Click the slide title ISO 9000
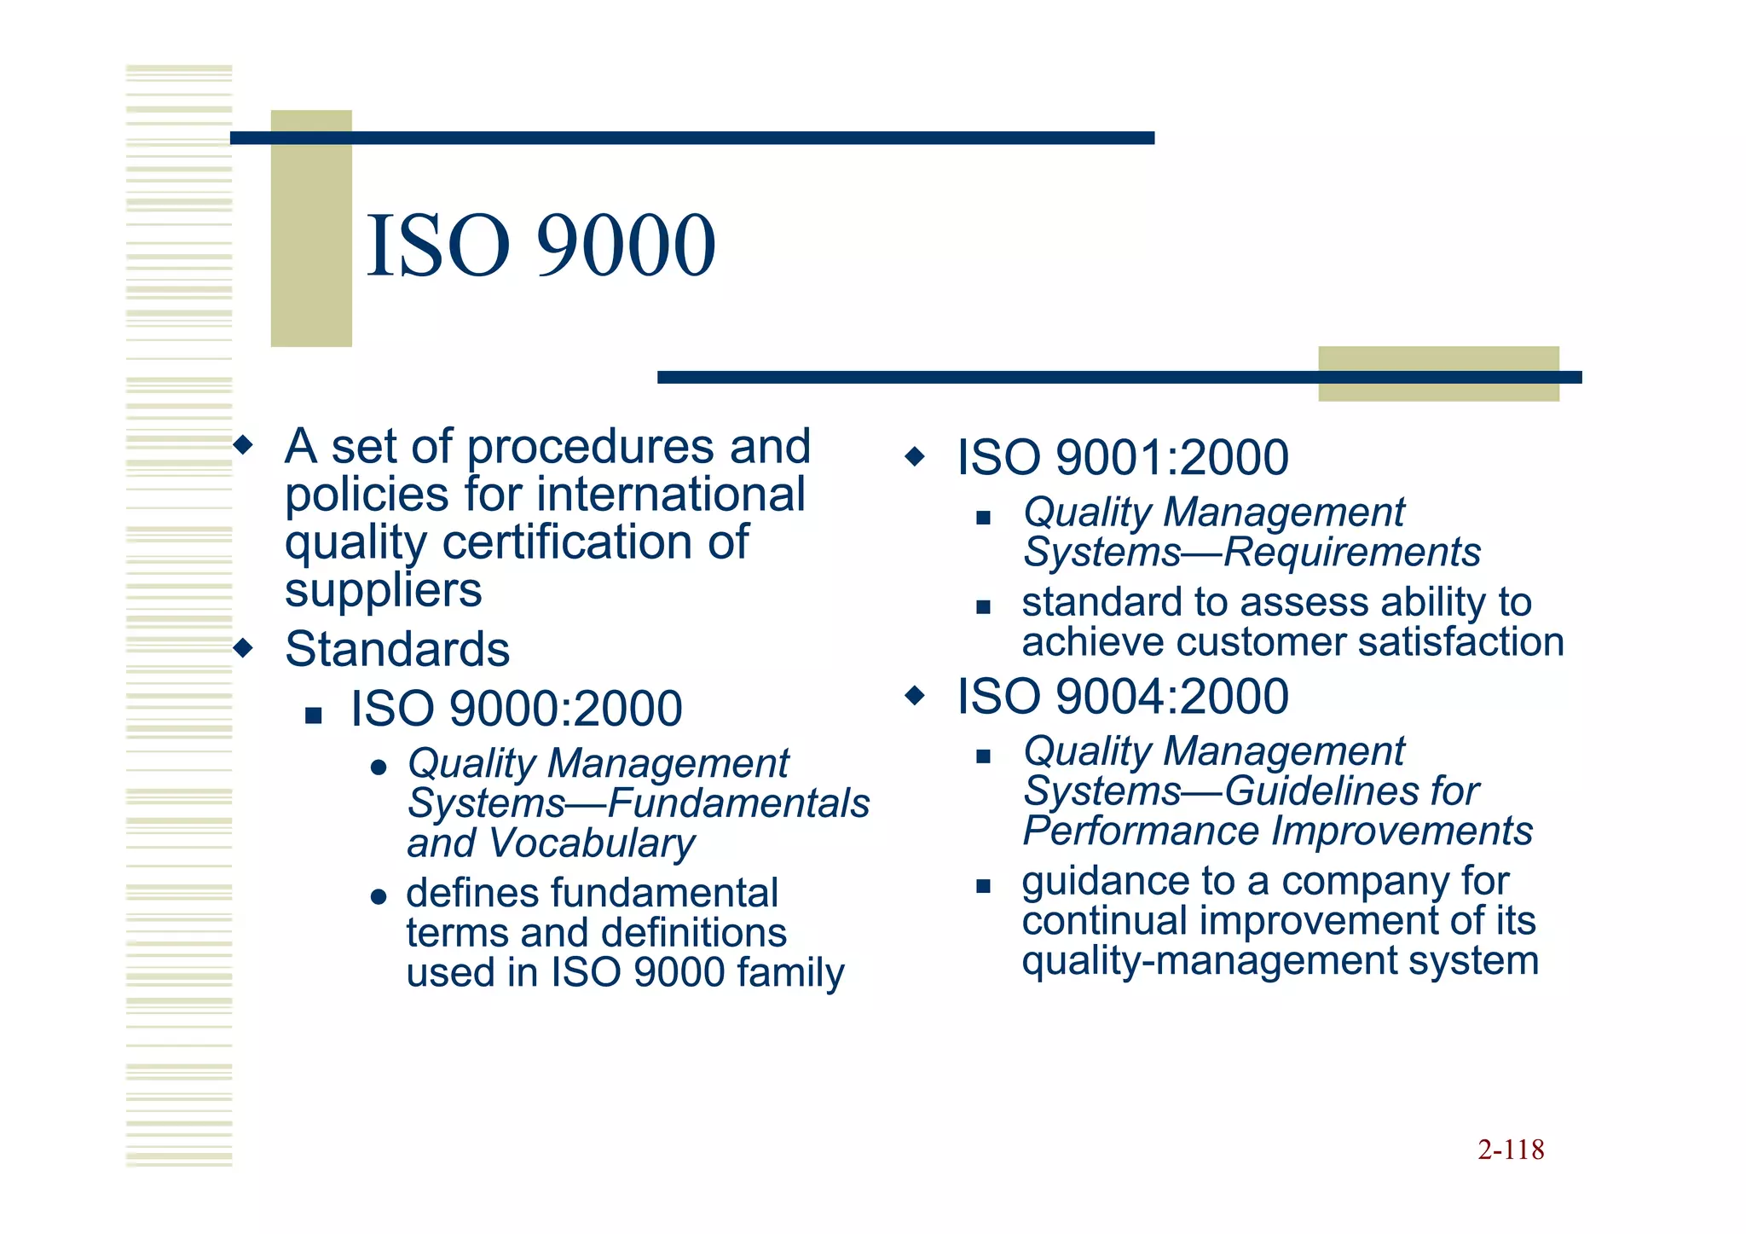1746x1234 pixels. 541,246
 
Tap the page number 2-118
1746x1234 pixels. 1511,1150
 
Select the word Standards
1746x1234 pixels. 397,649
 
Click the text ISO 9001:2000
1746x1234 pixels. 1122,457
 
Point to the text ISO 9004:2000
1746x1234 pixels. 1122,696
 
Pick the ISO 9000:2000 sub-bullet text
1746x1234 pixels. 517,709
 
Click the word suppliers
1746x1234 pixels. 384,590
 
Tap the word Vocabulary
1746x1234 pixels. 592,843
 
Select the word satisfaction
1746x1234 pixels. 1460,642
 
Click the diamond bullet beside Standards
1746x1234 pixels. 244,648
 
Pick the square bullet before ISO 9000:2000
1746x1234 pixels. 314,715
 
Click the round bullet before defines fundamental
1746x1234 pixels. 379,897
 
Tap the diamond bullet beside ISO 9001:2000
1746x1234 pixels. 915,457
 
